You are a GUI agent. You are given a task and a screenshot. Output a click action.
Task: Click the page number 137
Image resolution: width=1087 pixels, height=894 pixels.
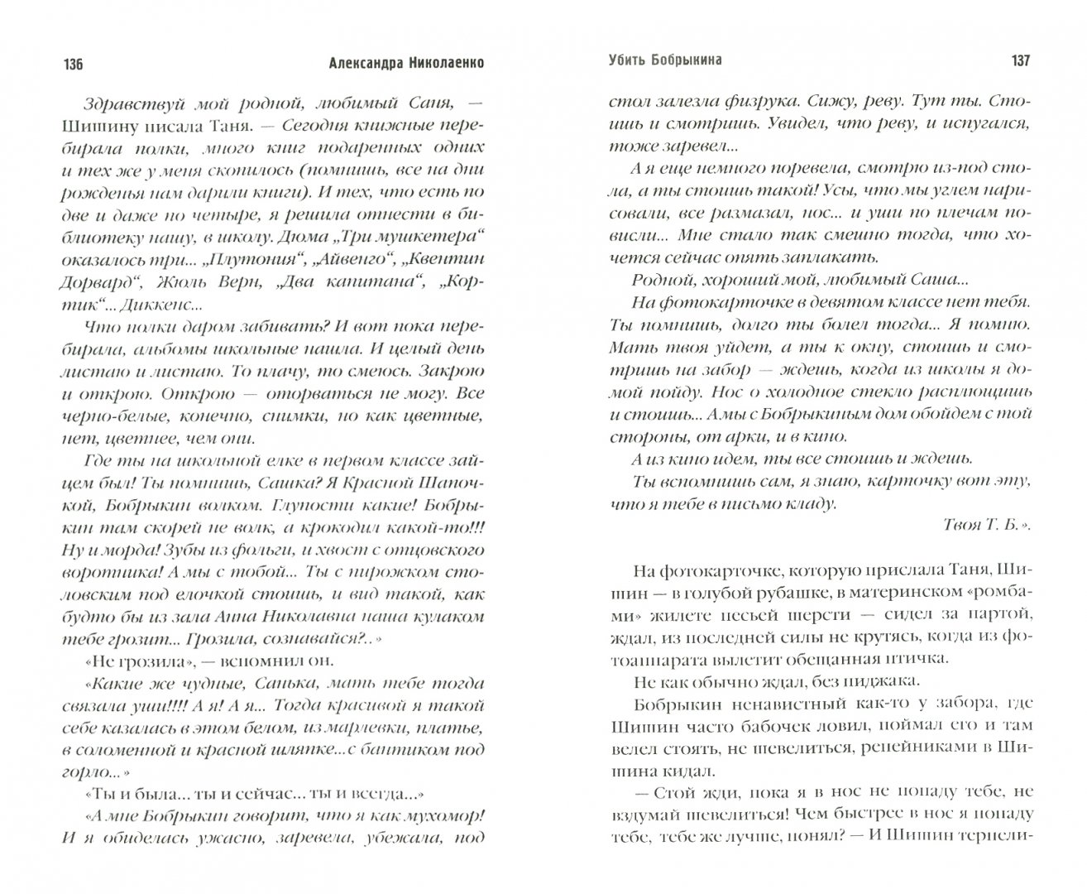(x=1015, y=61)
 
